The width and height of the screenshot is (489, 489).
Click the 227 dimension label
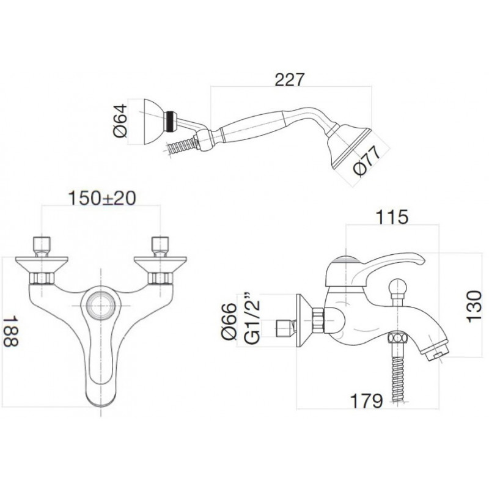289,79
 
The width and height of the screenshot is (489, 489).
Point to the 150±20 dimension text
102,197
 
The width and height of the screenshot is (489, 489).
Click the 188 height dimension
11,331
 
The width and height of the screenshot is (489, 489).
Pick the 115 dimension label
392,217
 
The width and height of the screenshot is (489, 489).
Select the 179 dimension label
366,401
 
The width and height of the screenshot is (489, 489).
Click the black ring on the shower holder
170,122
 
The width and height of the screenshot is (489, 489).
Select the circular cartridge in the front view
101,305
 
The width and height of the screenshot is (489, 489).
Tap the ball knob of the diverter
398,286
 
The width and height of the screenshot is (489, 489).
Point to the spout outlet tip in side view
436,353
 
